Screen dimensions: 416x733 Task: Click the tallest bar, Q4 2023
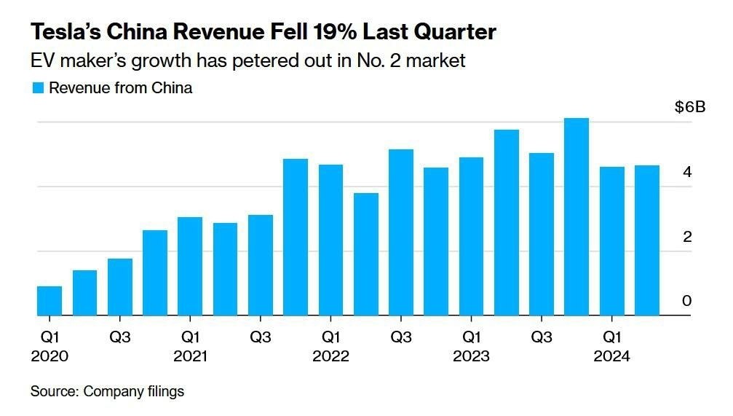pyautogui.click(x=577, y=217)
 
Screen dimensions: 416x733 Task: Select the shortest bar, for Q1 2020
pyautogui.click(x=49, y=301)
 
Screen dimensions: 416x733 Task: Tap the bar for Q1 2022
pyautogui.click(x=330, y=240)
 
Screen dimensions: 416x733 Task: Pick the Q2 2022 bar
pyautogui.click(x=365, y=254)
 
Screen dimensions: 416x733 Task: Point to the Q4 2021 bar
pyautogui.click(x=296, y=238)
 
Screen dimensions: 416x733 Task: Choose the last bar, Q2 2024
pyautogui.click(x=646, y=240)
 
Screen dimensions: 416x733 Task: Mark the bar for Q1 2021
pyautogui.click(x=190, y=267)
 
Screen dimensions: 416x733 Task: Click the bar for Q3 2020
pyautogui.click(x=120, y=287)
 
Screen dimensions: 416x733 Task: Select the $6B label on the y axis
pyautogui.click(x=690, y=108)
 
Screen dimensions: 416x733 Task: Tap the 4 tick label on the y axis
pyautogui.click(x=686, y=173)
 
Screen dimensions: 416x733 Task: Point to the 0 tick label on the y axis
pyautogui.click(x=686, y=301)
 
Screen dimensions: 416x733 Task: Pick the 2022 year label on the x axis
pyautogui.click(x=330, y=357)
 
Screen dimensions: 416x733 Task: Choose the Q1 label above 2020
pyautogui.click(x=49, y=337)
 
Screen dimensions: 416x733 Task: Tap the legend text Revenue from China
pyautogui.click(x=120, y=88)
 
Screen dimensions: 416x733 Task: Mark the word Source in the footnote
pyautogui.click(x=53, y=391)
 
